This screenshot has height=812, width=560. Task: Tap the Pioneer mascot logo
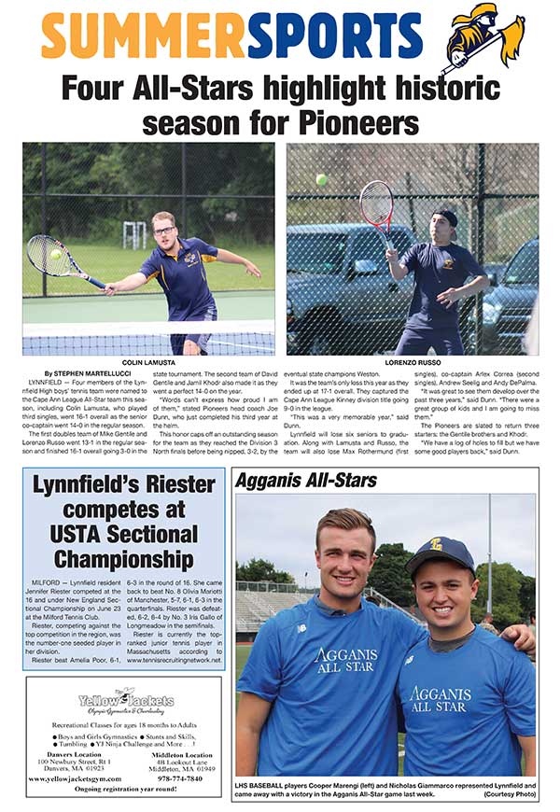[482, 39]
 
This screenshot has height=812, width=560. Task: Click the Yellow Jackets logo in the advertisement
[125, 699]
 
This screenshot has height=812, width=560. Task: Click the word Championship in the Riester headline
[123, 560]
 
